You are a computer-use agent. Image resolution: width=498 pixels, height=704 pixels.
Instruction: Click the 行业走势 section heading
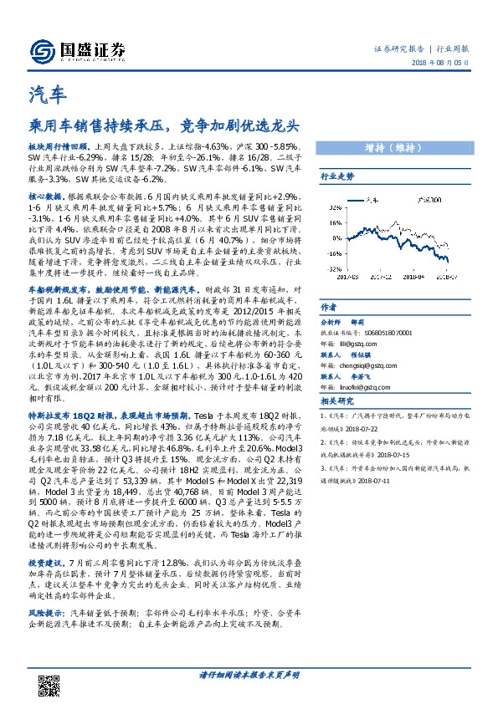(337, 177)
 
